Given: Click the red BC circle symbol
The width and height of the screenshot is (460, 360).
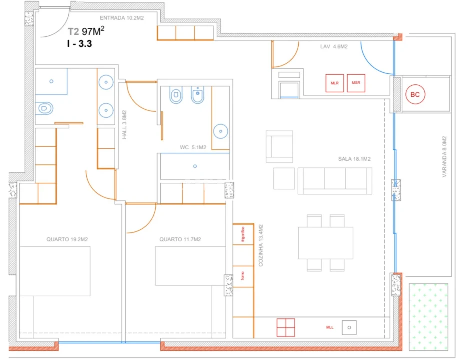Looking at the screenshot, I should (x=414, y=94).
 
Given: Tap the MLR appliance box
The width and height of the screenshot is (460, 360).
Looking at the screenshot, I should (x=335, y=83).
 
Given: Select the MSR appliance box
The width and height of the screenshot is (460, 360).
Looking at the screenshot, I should (x=356, y=83).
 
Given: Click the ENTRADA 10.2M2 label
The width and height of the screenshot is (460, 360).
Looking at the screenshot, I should (x=122, y=17).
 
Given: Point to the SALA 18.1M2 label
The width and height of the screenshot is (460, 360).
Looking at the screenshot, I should (x=354, y=159).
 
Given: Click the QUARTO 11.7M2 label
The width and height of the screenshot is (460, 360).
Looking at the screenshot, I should (x=180, y=239).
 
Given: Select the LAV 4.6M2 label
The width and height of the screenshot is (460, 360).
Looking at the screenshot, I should (x=334, y=47).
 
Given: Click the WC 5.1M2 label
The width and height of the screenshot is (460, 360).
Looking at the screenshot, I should (x=193, y=147).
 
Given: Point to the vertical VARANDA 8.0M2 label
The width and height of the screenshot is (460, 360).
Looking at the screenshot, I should (x=444, y=157).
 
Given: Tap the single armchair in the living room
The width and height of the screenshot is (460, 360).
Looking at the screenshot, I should (x=279, y=147).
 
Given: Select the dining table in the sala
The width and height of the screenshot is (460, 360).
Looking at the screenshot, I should (x=325, y=243).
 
